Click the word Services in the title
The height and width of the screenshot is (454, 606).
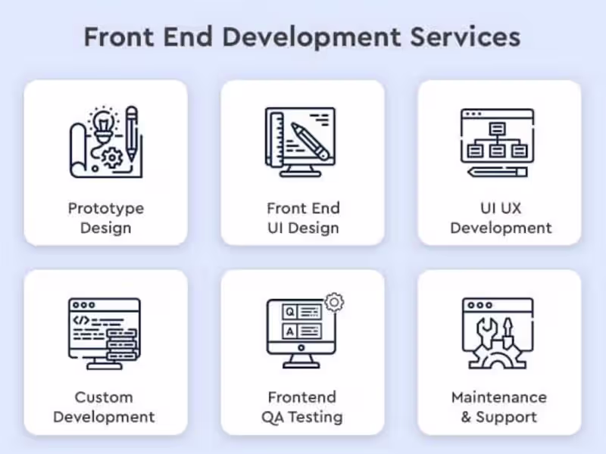click(x=465, y=37)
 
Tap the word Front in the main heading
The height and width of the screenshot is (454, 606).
click(x=119, y=37)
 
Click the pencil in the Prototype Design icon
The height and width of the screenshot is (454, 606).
click(x=132, y=133)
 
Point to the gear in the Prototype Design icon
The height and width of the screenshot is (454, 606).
click(x=112, y=157)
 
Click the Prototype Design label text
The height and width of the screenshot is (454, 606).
click(x=106, y=218)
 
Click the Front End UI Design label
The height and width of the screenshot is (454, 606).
click(x=304, y=218)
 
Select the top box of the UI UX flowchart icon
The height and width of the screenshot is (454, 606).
click(x=497, y=128)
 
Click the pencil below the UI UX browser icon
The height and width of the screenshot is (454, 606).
click(x=498, y=172)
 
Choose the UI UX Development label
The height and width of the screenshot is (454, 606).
click(x=501, y=218)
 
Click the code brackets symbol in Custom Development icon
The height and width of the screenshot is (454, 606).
click(x=81, y=320)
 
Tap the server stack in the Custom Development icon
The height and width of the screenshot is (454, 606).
click(x=122, y=344)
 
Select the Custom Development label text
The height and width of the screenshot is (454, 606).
click(x=104, y=407)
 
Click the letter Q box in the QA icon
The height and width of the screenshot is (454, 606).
click(x=289, y=312)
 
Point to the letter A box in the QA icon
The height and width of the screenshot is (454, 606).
click(x=289, y=331)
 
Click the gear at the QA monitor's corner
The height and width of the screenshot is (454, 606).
click(x=334, y=302)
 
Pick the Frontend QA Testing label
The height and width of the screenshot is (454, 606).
click(x=302, y=407)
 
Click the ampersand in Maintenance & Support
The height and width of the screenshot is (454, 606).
click(x=466, y=417)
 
